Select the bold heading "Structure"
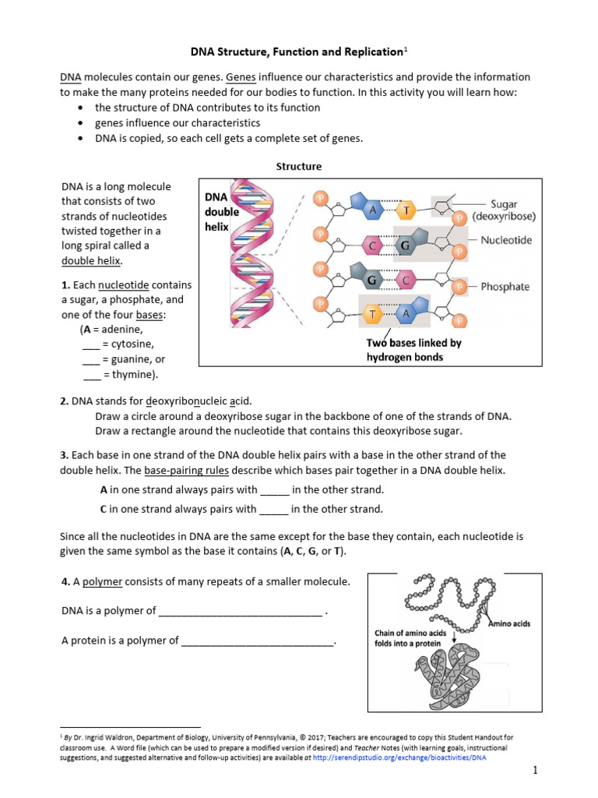(x=299, y=167)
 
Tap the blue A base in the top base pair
(x=374, y=210)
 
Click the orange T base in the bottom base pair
(x=372, y=313)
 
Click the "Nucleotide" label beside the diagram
(x=506, y=241)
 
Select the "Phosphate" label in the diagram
(x=505, y=287)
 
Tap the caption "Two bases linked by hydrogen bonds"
(x=413, y=350)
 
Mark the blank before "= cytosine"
(x=91, y=344)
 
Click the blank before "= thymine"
(x=91, y=376)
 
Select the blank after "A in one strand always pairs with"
(x=274, y=491)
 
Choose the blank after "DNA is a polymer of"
(x=240, y=612)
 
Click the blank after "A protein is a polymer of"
(x=257, y=641)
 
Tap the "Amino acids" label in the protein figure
(x=509, y=623)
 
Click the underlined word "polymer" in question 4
(x=103, y=582)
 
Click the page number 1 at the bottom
(x=536, y=771)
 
